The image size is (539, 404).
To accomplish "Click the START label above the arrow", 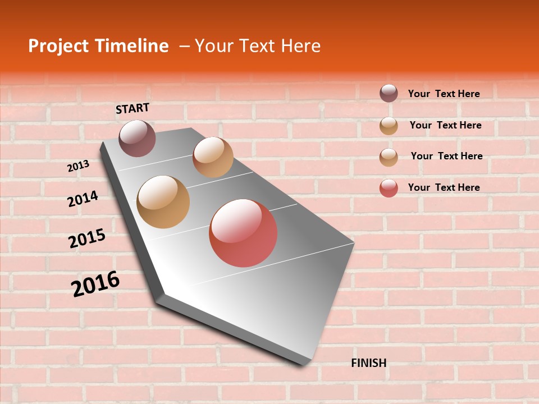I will [133, 108].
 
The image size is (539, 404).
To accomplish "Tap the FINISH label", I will [368, 363].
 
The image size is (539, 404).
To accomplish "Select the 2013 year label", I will [79, 166].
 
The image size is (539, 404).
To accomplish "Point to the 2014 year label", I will [83, 199].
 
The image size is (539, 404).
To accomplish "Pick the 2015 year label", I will [87, 238].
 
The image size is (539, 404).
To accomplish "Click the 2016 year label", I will [95, 283].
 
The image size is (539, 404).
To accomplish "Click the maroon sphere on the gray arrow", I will [137, 138].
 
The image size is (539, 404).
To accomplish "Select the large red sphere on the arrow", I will [243, 233].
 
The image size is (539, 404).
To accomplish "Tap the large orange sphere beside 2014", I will [163, 202].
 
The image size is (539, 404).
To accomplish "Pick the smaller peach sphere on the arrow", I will [213, 157].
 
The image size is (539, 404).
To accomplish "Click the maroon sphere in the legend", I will [389, 93].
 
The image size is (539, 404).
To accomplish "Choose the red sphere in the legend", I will [389, 188].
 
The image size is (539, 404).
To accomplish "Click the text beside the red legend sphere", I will [444, 187].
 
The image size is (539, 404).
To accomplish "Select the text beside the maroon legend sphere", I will [444, 94].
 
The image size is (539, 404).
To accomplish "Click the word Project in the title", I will [58, 46].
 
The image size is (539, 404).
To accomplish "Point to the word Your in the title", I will [213, 46].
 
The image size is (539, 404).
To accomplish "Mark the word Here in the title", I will [300, 46].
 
